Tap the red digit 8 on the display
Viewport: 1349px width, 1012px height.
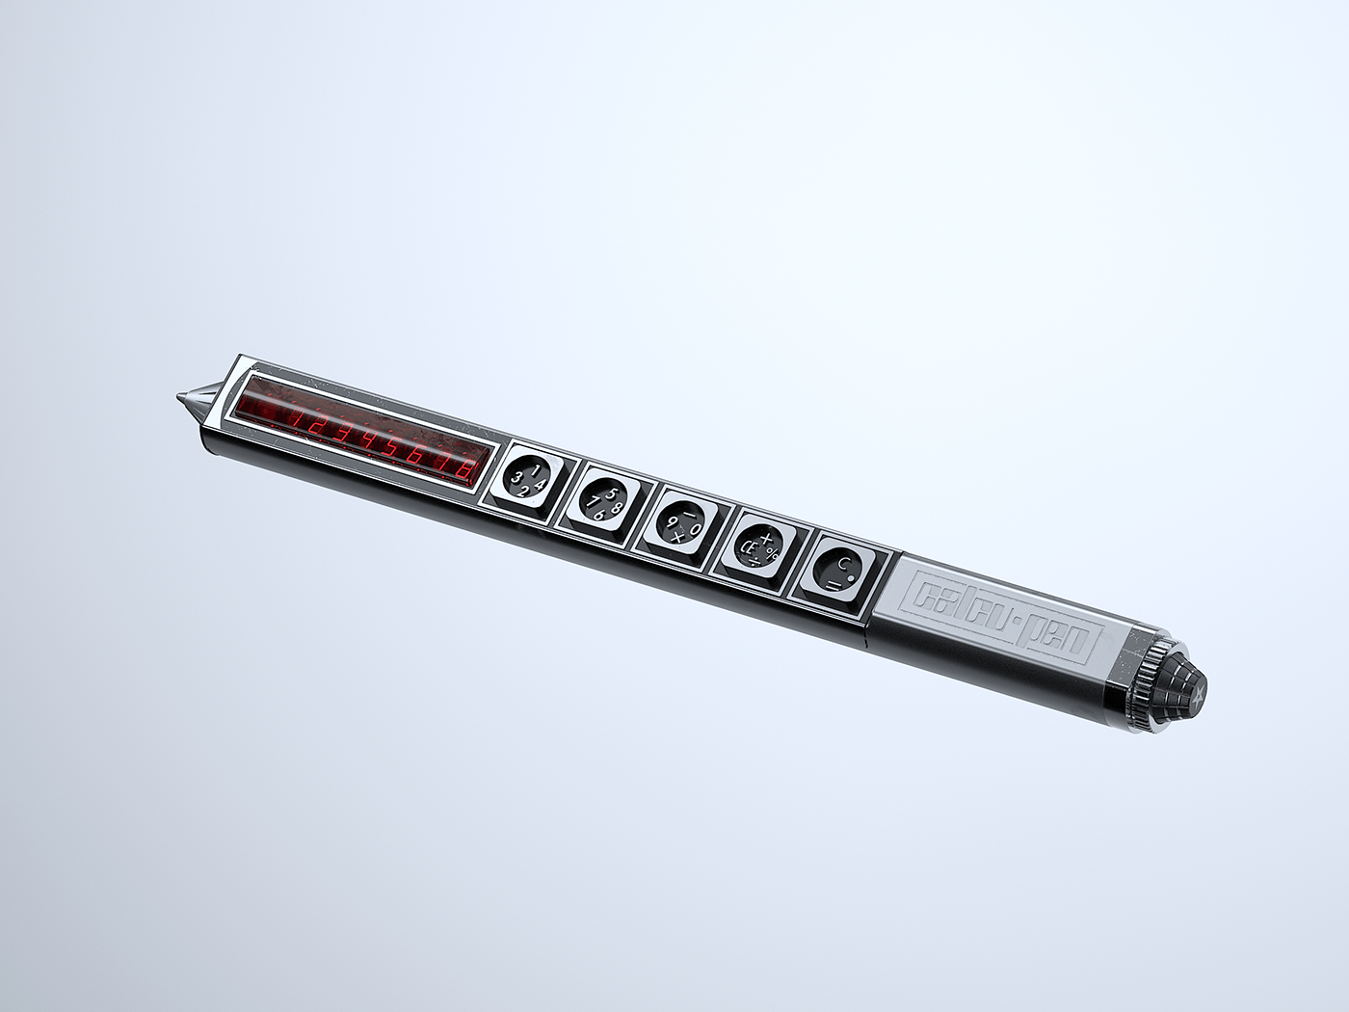tap(464, 469)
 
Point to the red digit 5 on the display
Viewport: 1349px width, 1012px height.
tap(390, 446)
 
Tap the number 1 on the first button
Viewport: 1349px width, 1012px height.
tap(535, 470)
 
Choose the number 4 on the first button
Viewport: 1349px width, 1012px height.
tap(540, 485)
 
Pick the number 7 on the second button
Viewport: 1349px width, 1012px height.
tap(593, 501)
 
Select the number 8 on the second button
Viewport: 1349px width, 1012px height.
tap(617, 507)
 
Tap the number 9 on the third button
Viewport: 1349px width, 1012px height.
tap(671, 521)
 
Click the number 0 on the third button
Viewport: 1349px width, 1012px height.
tap(694, 528)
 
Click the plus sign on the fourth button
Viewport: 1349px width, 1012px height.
tap(766, 538)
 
